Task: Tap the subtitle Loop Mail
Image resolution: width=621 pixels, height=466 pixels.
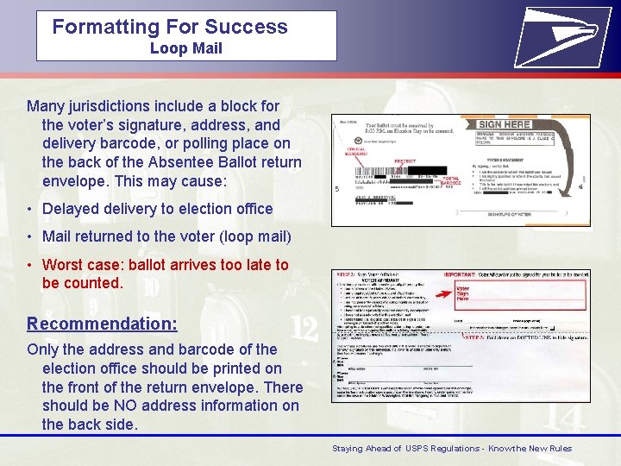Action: tap(185, 48)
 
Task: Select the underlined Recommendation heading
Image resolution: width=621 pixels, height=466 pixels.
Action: tap(102, 324)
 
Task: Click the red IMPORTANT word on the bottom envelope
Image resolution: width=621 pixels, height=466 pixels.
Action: tap(465, 275)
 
